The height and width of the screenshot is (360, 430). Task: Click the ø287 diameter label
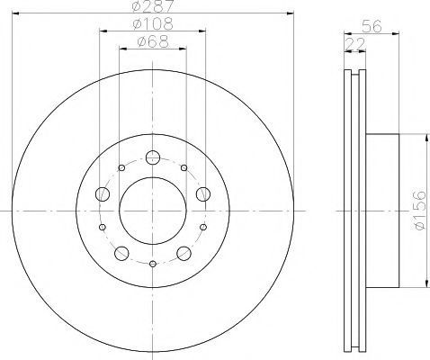click(153, 6)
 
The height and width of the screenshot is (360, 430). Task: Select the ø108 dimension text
click(153, 24)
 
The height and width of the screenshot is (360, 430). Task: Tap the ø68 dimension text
click(153, 41)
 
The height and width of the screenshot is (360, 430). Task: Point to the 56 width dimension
click(372, 26)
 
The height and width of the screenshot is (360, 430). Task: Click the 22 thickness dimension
click(355, 44)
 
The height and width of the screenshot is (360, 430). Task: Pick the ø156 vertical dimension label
click(419, 210)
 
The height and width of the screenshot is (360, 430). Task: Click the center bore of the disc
click(153, 211)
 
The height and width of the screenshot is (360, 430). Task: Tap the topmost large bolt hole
click(153, 157)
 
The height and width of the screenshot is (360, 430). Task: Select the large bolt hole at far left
click(103, 194)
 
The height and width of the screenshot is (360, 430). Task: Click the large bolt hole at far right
click(203, 194)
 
